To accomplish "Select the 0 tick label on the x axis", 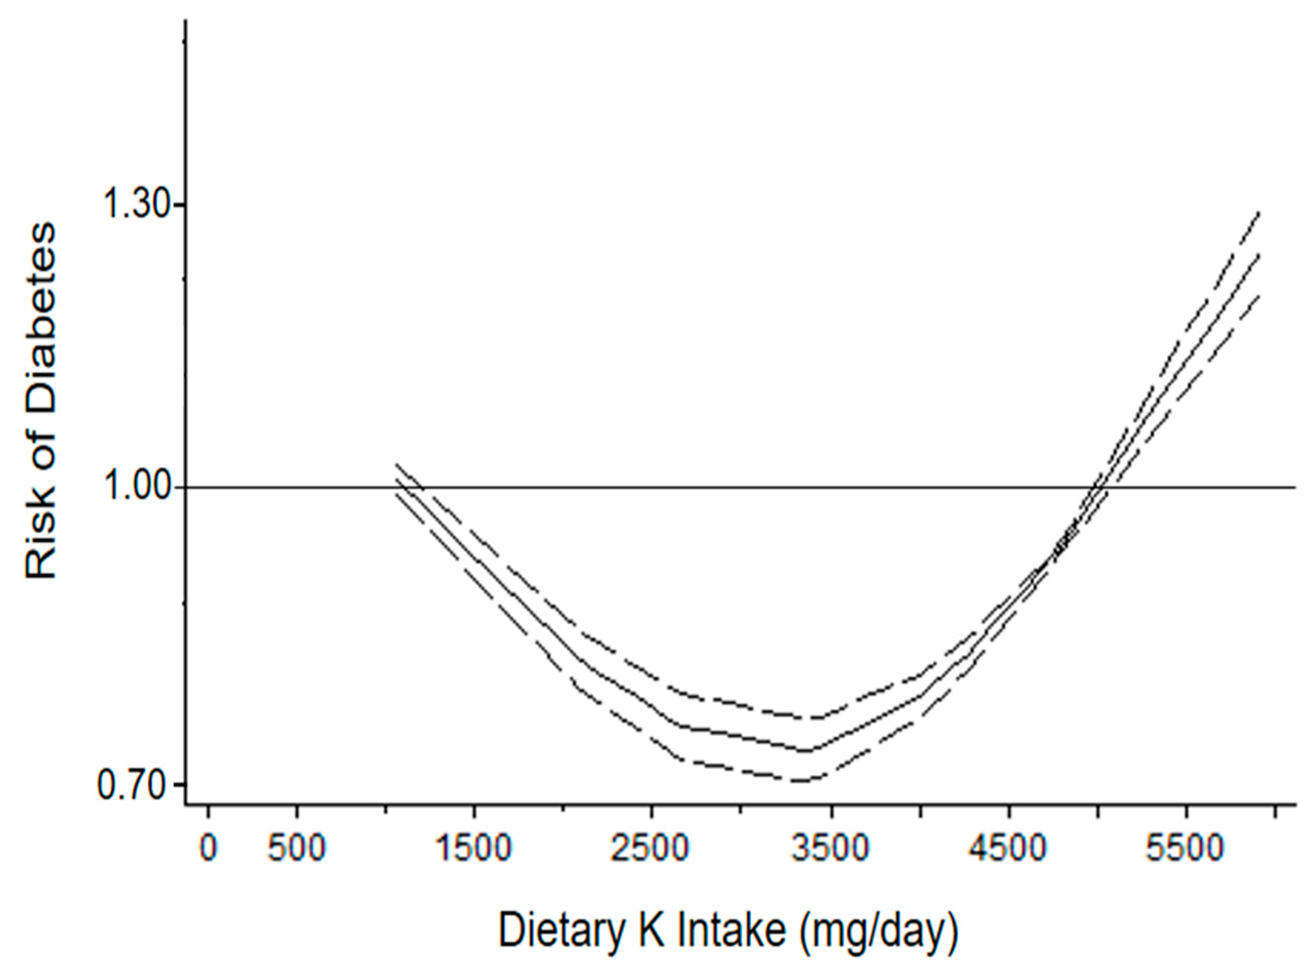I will coord(208,849).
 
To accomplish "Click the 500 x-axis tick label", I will coord(296,849).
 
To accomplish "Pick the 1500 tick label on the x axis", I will coord(474,849).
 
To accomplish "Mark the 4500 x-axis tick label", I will coord(1009,849).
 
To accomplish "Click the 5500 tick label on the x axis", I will coord(1186,849).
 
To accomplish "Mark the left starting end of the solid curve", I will coord(396,478).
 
